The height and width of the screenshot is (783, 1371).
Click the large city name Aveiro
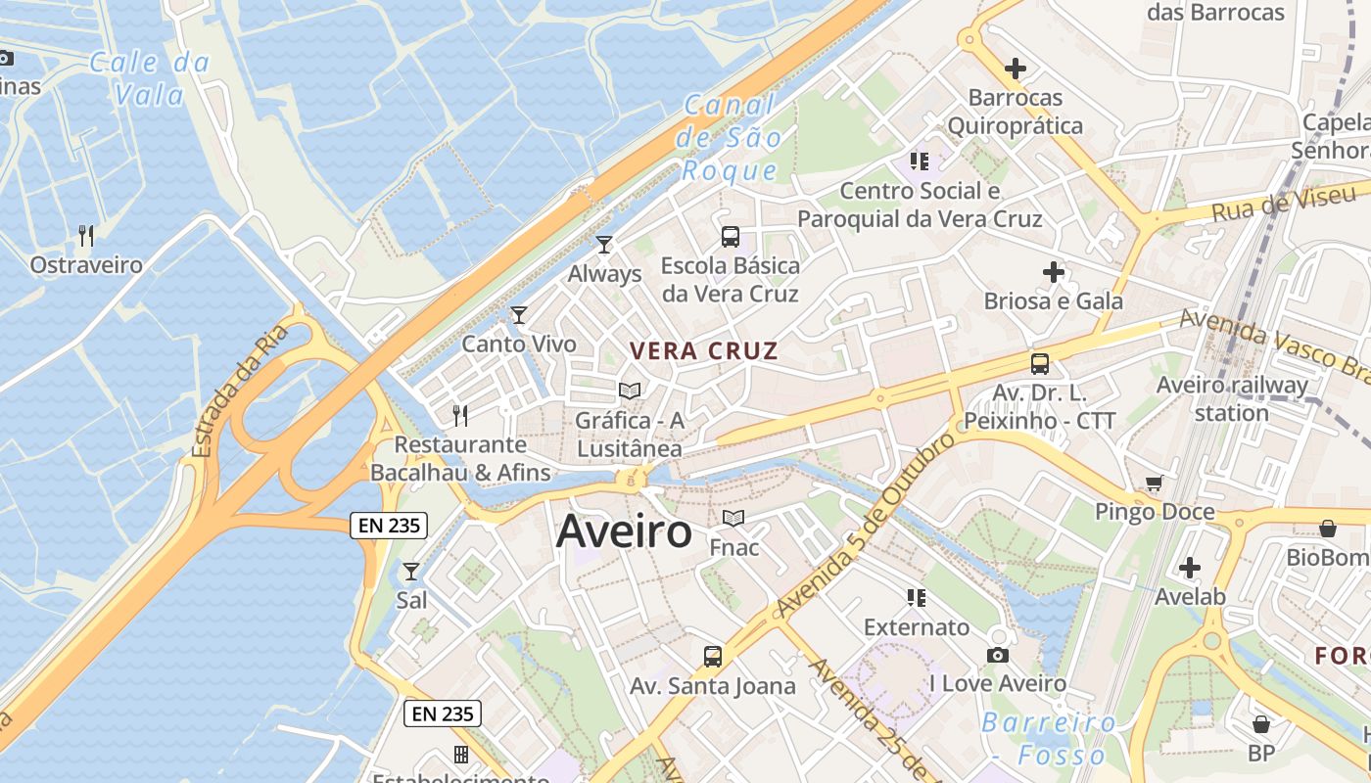point(624,532)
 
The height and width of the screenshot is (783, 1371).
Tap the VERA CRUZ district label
point(704,351)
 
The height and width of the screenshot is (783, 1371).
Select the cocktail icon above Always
point(604,244)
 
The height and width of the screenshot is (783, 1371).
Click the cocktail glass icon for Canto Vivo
point(519,314)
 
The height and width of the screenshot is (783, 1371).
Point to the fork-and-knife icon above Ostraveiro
point(86,235)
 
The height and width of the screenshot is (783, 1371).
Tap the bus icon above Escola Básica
point(731,236)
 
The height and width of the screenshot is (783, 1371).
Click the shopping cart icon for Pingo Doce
point(1155,483)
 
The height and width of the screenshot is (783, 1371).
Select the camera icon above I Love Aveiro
point(998,655)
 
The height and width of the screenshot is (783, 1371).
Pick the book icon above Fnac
point(733,518)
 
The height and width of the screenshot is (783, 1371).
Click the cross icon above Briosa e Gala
point(1054,271)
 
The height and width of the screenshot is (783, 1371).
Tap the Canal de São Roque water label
point(730,138)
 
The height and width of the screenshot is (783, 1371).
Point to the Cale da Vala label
point(149,78)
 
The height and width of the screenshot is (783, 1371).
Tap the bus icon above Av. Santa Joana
point(713,656)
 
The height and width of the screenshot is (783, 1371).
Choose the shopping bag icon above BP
point(1261,724)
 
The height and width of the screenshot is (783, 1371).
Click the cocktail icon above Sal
point(411,571)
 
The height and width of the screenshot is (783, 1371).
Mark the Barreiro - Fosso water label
point(1049,739)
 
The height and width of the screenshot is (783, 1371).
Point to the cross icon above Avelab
point(1190,567)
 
